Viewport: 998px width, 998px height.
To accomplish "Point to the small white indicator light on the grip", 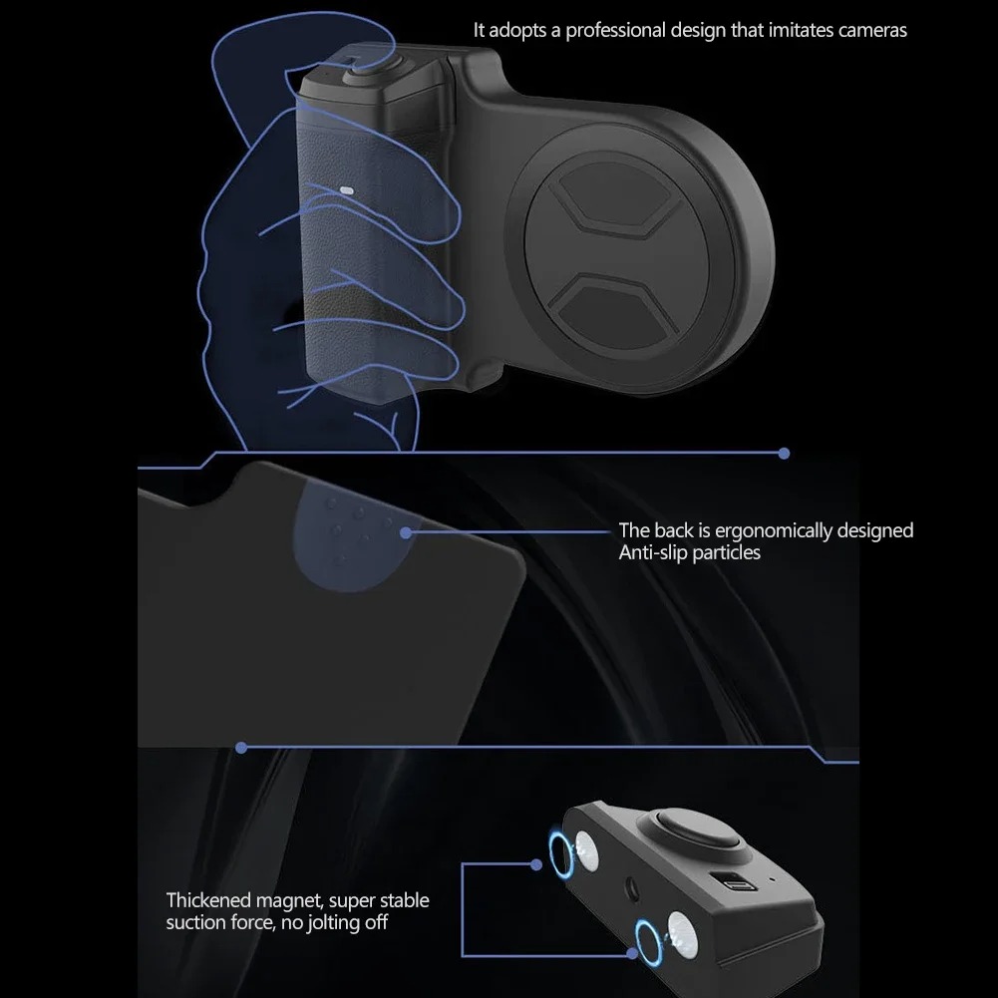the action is click(346, 190).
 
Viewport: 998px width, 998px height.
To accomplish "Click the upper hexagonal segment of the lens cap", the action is click(611, 193).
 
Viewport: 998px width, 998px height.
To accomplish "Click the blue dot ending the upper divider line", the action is click(784, 454).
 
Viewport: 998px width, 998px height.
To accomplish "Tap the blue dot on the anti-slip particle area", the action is click(406, 532).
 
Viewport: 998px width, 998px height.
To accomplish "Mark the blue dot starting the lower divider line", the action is click(241, 748).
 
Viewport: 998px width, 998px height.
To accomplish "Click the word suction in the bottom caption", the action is click(190, 922).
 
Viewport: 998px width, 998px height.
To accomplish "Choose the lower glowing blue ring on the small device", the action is click(648, 942).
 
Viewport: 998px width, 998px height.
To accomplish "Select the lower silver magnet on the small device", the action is click(680, 934).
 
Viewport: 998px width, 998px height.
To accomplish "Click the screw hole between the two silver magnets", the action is click(631, 888).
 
